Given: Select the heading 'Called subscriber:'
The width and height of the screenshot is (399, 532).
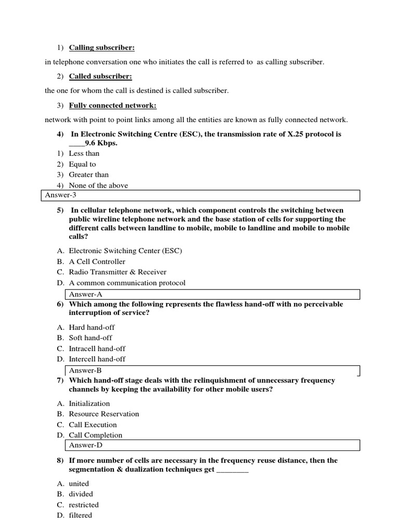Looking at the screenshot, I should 100,76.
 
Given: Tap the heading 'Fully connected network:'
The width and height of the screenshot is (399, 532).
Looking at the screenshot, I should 112,105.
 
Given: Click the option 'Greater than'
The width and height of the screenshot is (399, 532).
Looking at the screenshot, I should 88,175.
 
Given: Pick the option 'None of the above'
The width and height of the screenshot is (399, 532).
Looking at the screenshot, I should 98,185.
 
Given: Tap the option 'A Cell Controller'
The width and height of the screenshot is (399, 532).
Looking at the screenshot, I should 97,262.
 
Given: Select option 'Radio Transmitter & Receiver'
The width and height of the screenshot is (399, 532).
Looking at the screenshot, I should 117,272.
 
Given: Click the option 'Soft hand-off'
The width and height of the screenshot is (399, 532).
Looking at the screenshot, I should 90,338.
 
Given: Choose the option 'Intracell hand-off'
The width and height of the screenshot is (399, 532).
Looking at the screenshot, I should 97,349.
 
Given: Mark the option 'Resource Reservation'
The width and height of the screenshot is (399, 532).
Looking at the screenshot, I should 104,414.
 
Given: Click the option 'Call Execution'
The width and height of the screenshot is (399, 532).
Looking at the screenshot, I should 92,424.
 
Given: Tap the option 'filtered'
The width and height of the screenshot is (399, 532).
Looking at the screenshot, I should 80,515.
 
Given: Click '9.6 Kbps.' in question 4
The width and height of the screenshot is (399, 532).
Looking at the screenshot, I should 101,143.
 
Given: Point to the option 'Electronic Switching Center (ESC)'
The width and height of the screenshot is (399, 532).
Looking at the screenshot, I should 125,251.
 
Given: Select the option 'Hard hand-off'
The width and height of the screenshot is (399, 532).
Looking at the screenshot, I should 91,327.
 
